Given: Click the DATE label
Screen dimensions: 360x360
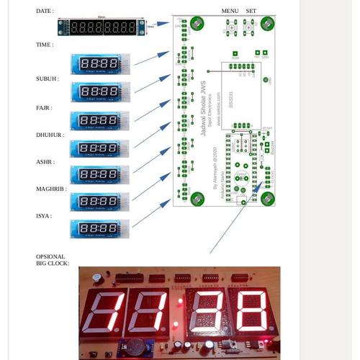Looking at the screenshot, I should coord(44,12).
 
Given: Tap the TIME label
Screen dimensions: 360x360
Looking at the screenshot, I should coord(44,45).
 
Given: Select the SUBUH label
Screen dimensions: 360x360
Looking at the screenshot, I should coord(48,78).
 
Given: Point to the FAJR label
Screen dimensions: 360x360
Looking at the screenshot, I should coord(43,107).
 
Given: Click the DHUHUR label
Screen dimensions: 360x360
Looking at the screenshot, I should coord(50,135).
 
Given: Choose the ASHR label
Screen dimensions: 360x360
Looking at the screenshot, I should coord(45,162).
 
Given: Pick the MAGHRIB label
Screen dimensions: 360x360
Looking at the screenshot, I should coord(51,189).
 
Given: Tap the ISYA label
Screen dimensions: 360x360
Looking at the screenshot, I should coord(44,215).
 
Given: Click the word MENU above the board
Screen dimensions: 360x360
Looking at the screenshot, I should coord(230,12).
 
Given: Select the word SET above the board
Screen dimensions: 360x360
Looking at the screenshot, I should coord(251,12).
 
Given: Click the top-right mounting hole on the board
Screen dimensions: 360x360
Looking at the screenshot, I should coord(268,23).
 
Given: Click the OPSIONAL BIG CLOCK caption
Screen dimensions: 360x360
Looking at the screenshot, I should coord(52,260).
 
